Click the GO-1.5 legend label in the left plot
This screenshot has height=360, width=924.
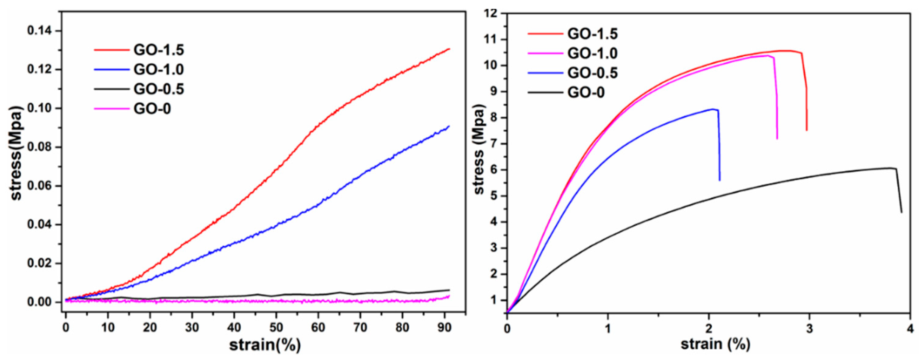point(158,50)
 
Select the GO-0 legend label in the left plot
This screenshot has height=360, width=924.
point(152,108)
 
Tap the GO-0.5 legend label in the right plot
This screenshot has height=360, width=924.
point(592,73)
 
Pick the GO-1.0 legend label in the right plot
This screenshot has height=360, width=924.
point(592,53)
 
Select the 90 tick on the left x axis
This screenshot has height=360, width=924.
point(444,327)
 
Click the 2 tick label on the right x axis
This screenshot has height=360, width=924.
point(708,327)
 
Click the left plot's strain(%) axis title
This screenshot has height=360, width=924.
point(265,345)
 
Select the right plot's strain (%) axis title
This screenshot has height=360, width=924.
point(715,344)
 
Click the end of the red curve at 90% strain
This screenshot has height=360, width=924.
point(449,49)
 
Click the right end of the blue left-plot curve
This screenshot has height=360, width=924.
point(449,126)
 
